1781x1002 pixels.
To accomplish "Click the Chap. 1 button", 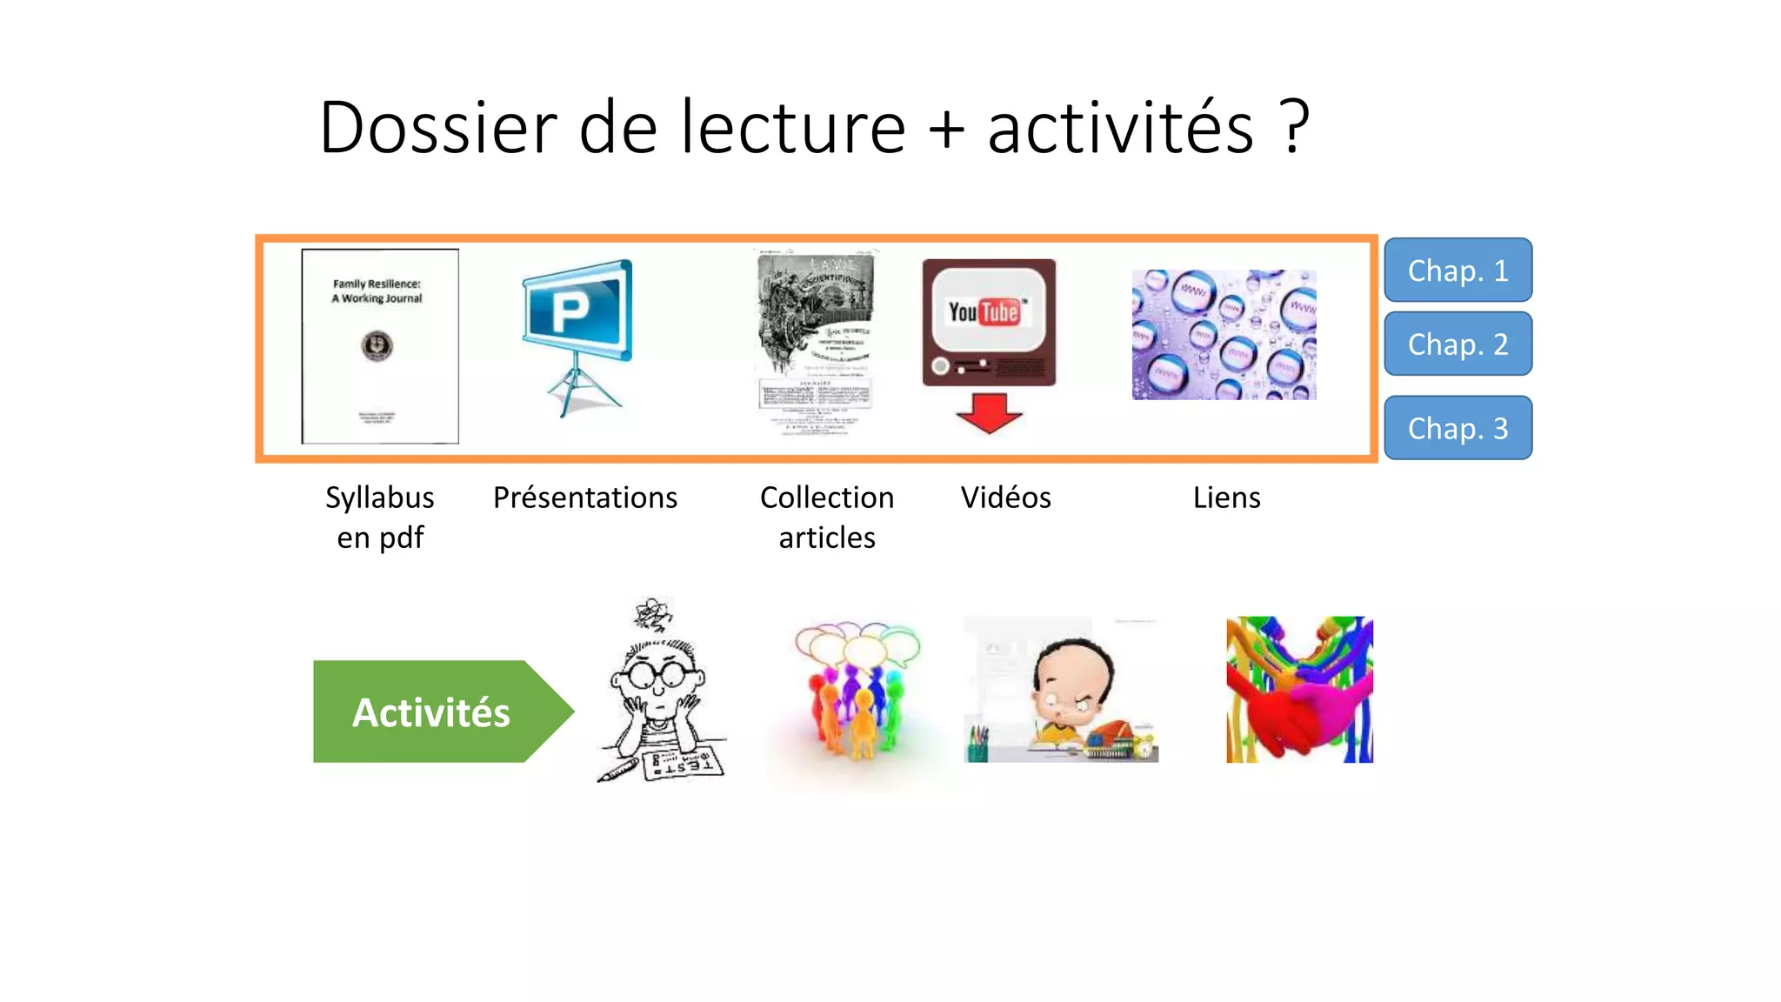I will [1457, 271].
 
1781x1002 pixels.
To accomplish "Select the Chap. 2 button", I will [1457, 344].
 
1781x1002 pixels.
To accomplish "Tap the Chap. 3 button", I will [1457, 428].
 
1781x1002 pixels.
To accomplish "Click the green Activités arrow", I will [432, 711].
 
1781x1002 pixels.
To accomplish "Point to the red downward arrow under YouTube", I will [989, 412].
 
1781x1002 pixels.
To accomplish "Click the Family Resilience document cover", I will [380, 346].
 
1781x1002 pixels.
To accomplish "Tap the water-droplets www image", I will [1224, 335].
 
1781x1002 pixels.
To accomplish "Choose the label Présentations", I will [584, 498].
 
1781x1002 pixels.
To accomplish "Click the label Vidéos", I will [1005, 498].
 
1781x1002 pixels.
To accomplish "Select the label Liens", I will [1226, 498].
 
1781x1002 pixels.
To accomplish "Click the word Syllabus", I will [379, 498].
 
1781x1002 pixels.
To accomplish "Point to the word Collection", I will [826, 498].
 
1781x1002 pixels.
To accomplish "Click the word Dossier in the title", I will [437, 127].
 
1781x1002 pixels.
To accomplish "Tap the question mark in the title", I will [1294, 127].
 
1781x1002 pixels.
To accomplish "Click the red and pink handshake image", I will [1299, 690].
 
